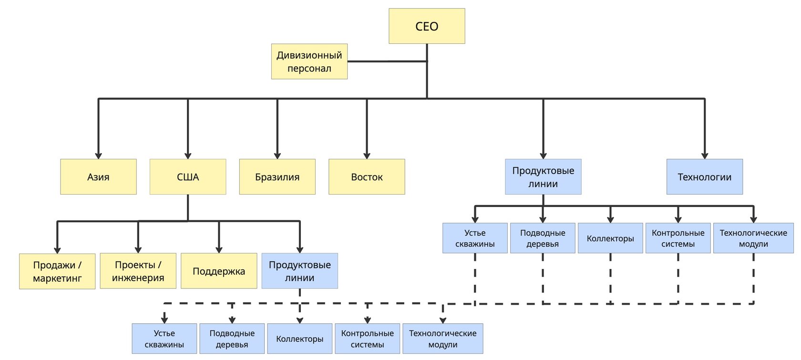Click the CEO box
click(427, 26)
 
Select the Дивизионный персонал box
click(309, 62)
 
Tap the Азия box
click(98, 177)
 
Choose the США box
click(188, 177)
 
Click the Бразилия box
click(277, 177)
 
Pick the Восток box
click(367, 177)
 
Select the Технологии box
click(704, 177)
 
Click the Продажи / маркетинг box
click(57, 271)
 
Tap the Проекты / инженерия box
click(138, 271)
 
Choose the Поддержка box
click(219, 271)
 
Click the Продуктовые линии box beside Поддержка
click(299, 271)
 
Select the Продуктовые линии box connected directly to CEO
click(543, 177)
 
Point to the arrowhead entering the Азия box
click(98, 155)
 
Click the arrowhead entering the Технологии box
click(705, 155)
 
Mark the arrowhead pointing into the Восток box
click(367, 155)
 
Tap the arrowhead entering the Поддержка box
click(219, 250)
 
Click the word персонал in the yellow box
click(309, 68)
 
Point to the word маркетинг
click(57, 278)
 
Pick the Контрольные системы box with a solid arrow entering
click(678, 238)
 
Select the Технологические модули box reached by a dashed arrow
click(442, 339)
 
